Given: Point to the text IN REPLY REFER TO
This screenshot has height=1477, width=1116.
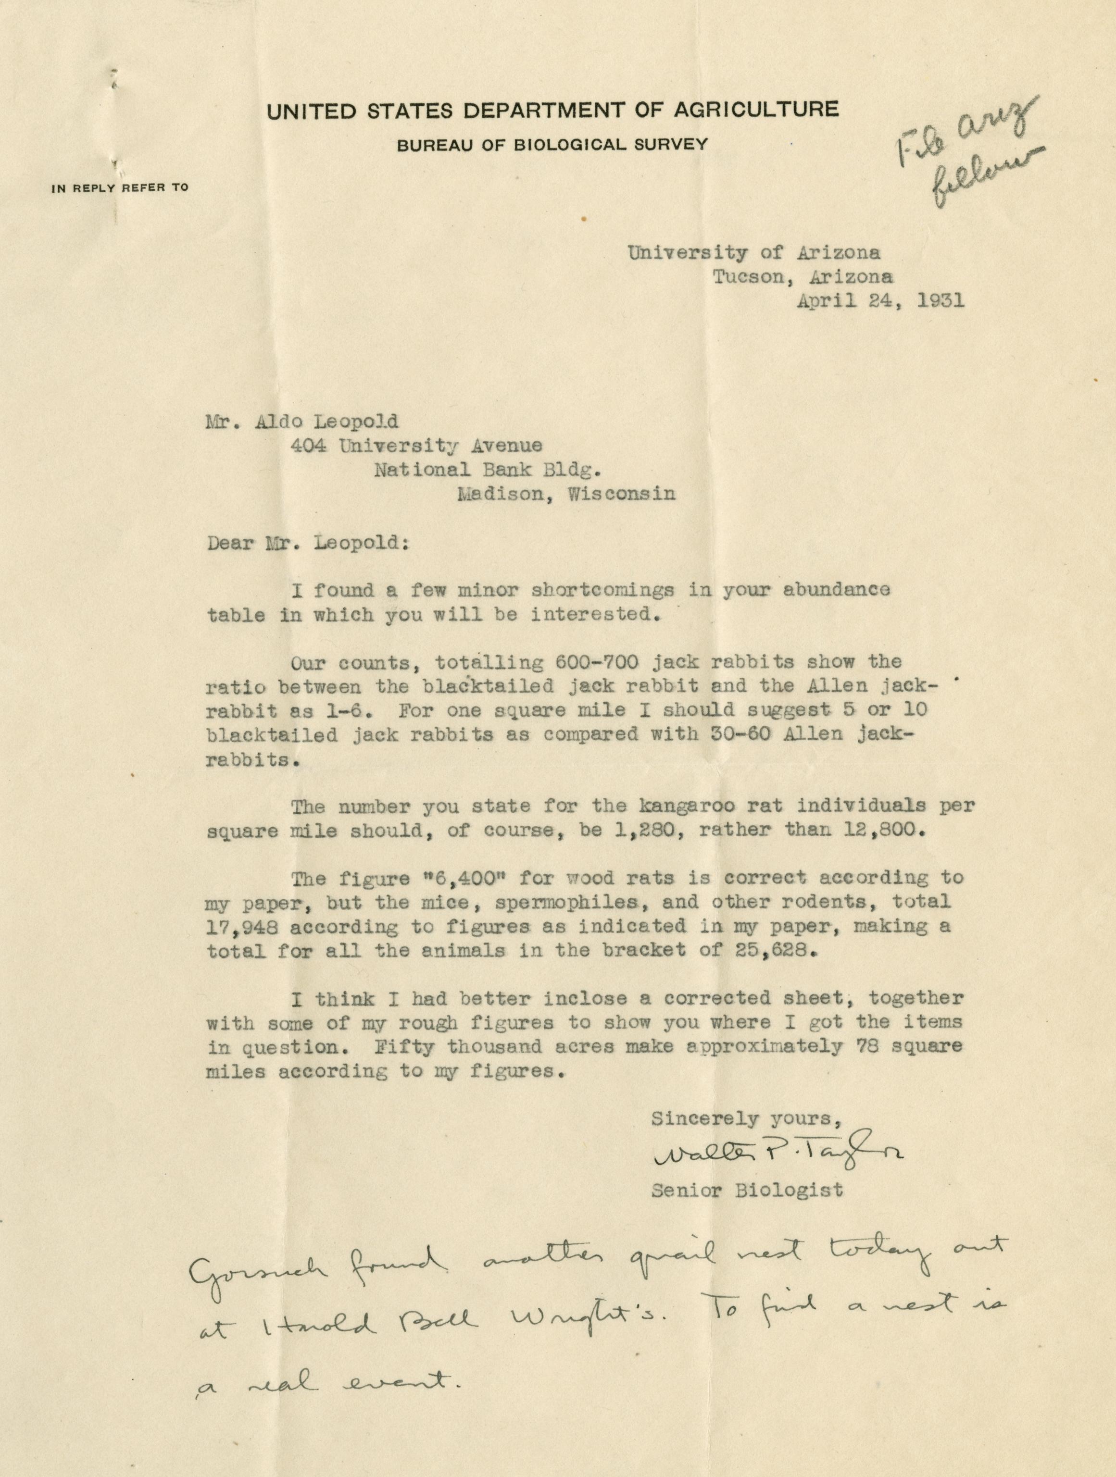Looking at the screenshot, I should click(x=120, y=187).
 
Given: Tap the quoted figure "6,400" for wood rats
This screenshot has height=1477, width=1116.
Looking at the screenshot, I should click(x=505, y=877).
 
